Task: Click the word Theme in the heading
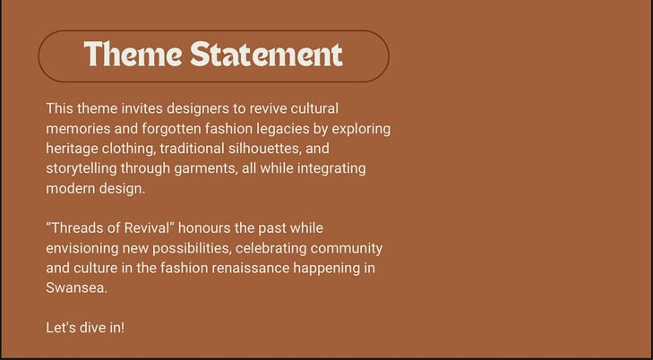point(133,54)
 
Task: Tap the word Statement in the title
point(267,54)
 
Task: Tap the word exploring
point(361,130)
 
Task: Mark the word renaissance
point(250,269)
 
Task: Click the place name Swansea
point(76,288)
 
